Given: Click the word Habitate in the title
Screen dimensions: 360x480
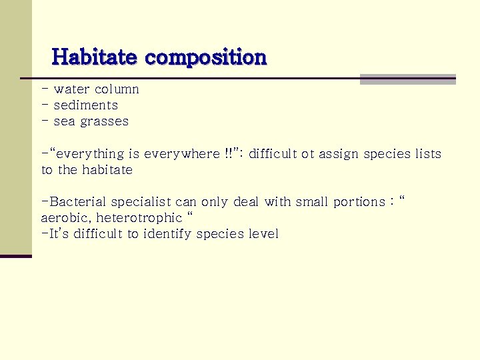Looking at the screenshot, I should tap(94, 57).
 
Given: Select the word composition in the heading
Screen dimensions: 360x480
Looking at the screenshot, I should tap(205, 58).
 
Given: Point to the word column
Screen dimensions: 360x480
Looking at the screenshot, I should tap(117, 89).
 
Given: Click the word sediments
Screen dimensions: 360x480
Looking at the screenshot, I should tap(85, 105).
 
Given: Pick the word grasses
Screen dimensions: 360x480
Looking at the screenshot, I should tap(104, 122).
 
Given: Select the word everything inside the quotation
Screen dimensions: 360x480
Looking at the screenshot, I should tap(89, 154).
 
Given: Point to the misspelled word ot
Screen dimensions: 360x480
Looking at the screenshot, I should tap(307, 154).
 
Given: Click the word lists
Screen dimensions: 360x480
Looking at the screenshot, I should tap(428, 154).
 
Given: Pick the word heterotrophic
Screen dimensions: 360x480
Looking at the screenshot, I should tap(139, 218).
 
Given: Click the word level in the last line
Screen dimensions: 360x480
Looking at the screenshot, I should tap(263, 234).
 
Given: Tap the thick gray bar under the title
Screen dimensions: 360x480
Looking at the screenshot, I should tap(407, 79).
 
